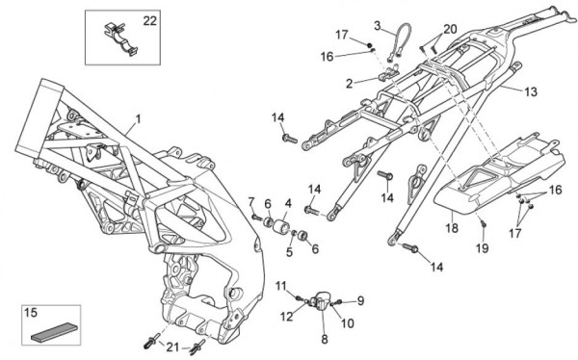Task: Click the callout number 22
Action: pos(149,21)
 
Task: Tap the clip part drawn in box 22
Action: pos(119,39)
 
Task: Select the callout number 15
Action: pos(31,313)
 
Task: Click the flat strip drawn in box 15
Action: pos(55,332)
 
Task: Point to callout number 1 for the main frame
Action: pos(138,119)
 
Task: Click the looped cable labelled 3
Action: pos(400,41)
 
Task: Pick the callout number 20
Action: pos(450,29)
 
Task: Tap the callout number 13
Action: pos(531,91)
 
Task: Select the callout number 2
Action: pos(349,84)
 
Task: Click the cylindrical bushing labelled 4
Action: pos(282,225)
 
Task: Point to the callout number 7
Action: pos(251,202)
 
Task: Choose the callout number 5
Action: pos(289,252)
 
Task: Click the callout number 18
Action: pos(452,228)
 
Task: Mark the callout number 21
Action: pos(172,347)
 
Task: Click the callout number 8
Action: pos(325,339)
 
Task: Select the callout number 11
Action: pos(281,286)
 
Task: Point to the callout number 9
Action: pos(360,300)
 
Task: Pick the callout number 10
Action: pos(347,323)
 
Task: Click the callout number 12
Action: pos(286,316)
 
